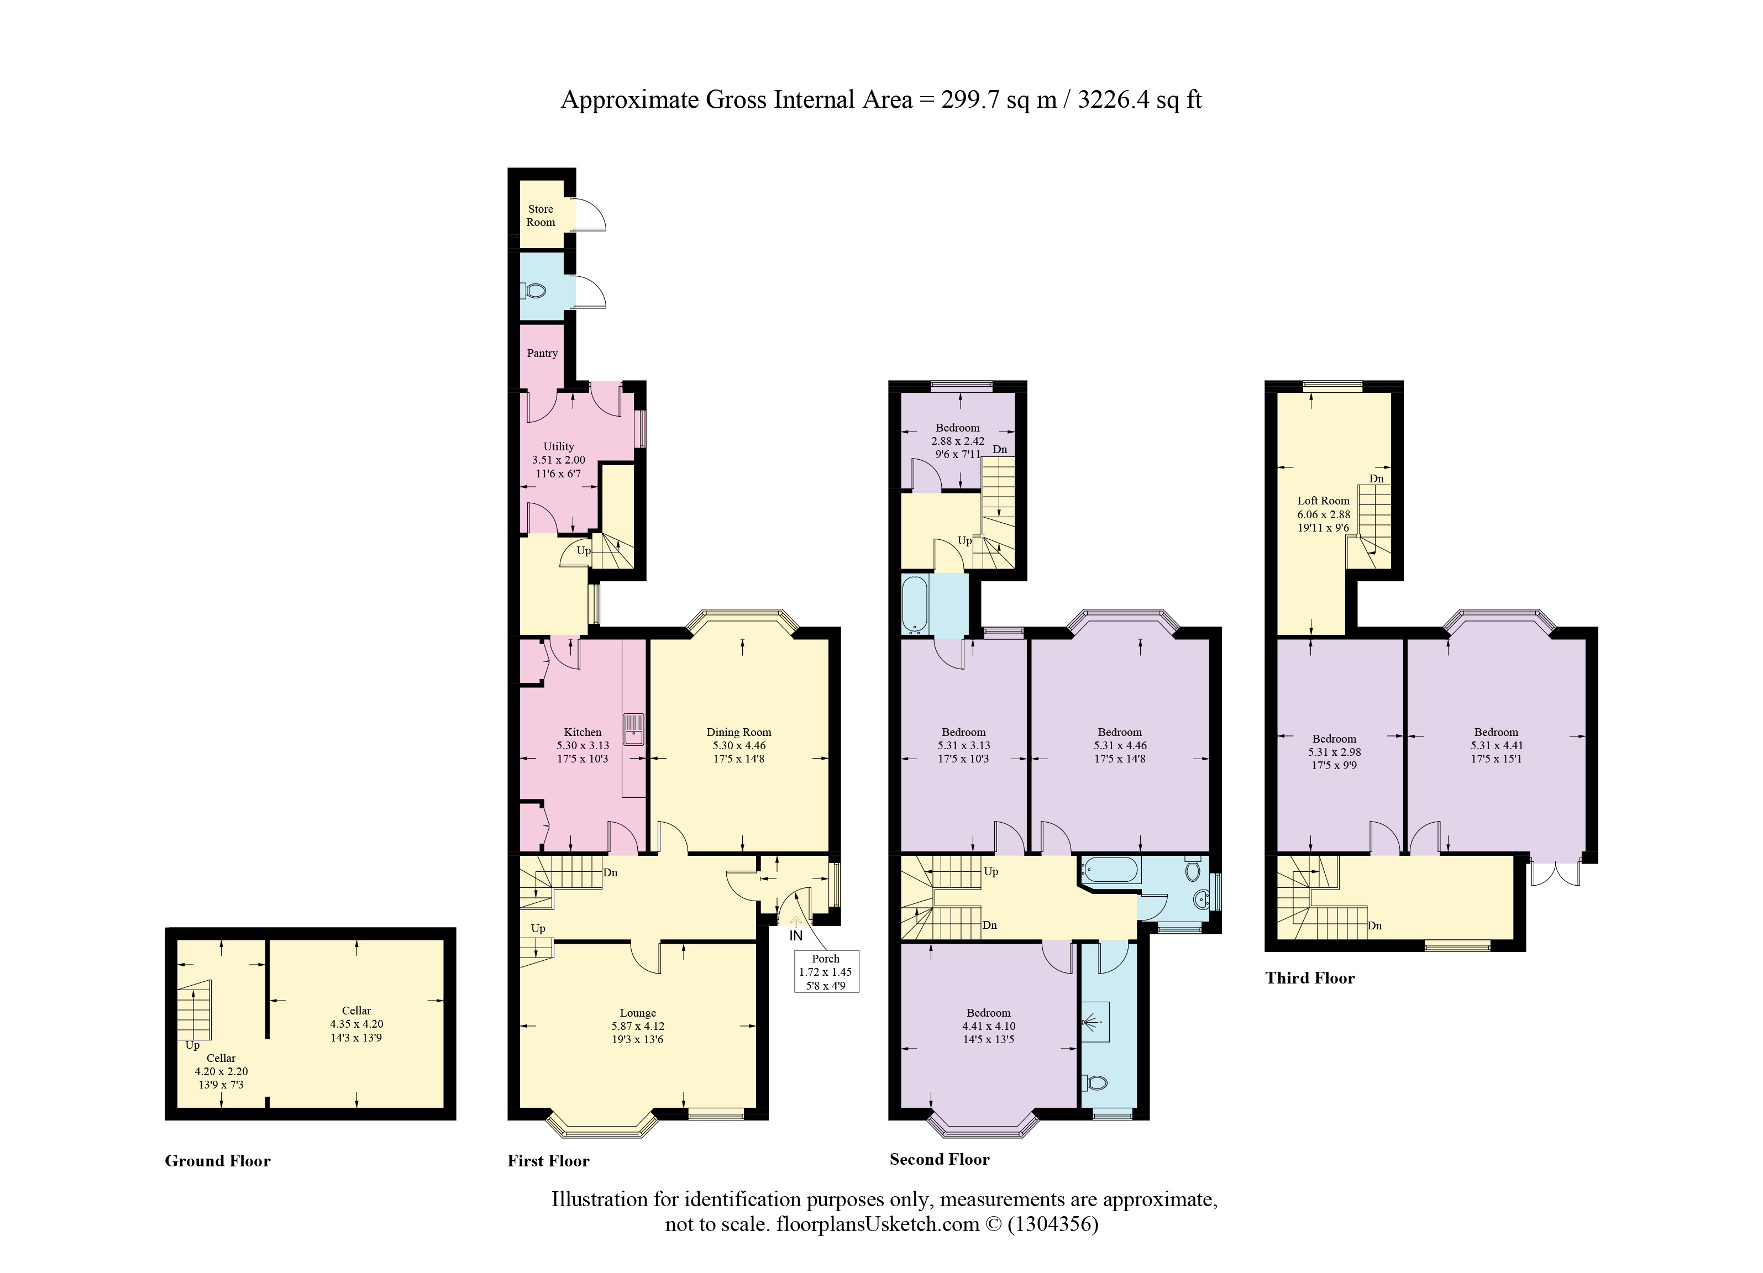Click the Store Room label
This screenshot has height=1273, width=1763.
(x=541, y=215)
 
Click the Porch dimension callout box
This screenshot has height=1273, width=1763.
(x=826, y=971)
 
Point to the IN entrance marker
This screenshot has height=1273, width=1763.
(x=795, y=936)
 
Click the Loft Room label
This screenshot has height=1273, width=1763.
(x=1323, y=501)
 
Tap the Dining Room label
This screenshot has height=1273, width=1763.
(x=738, y=732)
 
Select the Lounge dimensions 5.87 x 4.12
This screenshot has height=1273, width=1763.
(x=637, y=1026)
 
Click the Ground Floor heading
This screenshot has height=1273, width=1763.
(x=218, y=1161)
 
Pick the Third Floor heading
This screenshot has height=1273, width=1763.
(x=1310, y=977)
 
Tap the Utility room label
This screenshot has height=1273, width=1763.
(x=558, y=446)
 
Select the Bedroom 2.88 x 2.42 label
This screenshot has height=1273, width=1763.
(x=958, y=428)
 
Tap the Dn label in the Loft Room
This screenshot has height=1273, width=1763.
(x=1376, y=478)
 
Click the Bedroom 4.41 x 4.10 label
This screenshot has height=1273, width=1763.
(x=988, y=1013)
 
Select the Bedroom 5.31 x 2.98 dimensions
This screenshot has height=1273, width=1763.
(x=1334, y=751)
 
